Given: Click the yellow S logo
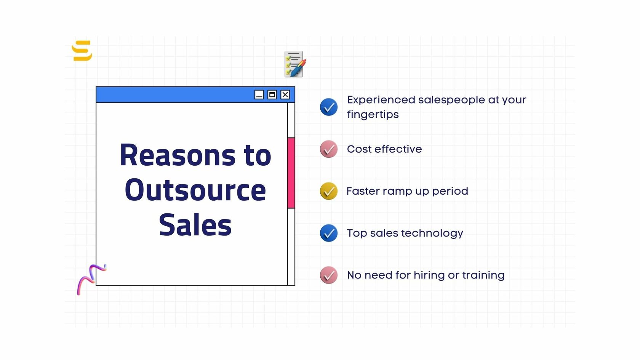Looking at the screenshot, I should pyautogui.click(x=82, y=51).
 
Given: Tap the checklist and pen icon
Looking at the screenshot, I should pyautogui.click(x=295, y=64).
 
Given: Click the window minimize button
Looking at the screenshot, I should pyautogui.click(x=259, y=95).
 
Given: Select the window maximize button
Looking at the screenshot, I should pyautogui.click(x=272, y=95).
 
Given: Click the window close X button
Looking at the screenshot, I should pyautogui.click(x=285, y=95).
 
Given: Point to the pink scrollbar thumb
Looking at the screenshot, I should pyautogui.click(x=291, y=173).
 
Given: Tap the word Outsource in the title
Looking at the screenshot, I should pyautogui.click(x=195, y=190).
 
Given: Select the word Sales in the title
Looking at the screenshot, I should pyautogui.click(x=195, y=225).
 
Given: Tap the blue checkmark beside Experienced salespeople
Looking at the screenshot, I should pyautogui.click(x=328, y=107).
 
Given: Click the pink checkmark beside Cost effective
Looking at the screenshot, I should pyautogui.click(x=328, y=149).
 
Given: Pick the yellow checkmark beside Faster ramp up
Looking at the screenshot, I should pyautogui.click(x=328, y=191).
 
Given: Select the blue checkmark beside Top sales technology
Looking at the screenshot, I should pyautogui.click(x=328, y=233).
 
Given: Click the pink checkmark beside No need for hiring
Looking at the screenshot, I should pyautogui.click(x=328, y=275).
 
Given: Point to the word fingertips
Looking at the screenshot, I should pyautogui.click(x=373, y=115).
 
